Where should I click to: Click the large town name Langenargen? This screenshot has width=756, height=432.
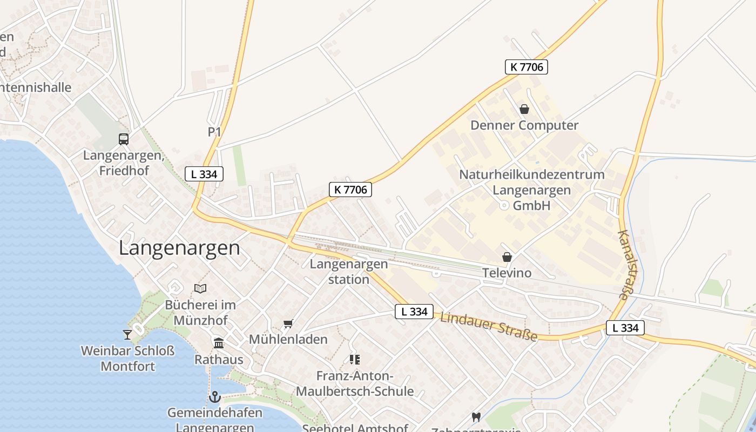pos(179,248)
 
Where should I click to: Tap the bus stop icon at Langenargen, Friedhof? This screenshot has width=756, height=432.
pos(124,139)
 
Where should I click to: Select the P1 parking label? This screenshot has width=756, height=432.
pos(214,132)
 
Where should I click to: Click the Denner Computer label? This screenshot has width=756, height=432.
pos(524,125)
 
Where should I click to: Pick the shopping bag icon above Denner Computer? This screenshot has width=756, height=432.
pos(524,109)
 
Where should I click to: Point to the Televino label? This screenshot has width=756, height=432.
pos(507,273)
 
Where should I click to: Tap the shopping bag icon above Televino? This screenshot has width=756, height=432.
pos(507,257)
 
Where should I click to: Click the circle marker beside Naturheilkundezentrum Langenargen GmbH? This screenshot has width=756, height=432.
pos(503,205)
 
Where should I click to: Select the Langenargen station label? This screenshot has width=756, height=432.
pos(349,272)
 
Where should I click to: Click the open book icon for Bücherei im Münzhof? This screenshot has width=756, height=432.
pos(200,289)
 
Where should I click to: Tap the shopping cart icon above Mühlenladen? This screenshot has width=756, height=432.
pos(288,324)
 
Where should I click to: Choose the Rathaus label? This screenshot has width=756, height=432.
pos(219,359)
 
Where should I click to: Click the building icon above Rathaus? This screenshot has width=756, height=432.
pos(219,343)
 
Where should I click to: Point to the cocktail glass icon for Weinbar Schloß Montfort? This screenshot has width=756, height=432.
pos(127,335)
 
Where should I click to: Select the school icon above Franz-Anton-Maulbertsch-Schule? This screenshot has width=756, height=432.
pos(355,359)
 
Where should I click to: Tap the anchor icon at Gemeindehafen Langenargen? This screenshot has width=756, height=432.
pos(215,397)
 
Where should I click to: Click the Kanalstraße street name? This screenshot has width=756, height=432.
pos(625,265)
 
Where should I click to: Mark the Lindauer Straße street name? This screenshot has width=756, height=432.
pos(489,326)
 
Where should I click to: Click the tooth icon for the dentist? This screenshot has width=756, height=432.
pos(476,417)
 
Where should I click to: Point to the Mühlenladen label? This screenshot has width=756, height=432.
pos(288,339)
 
